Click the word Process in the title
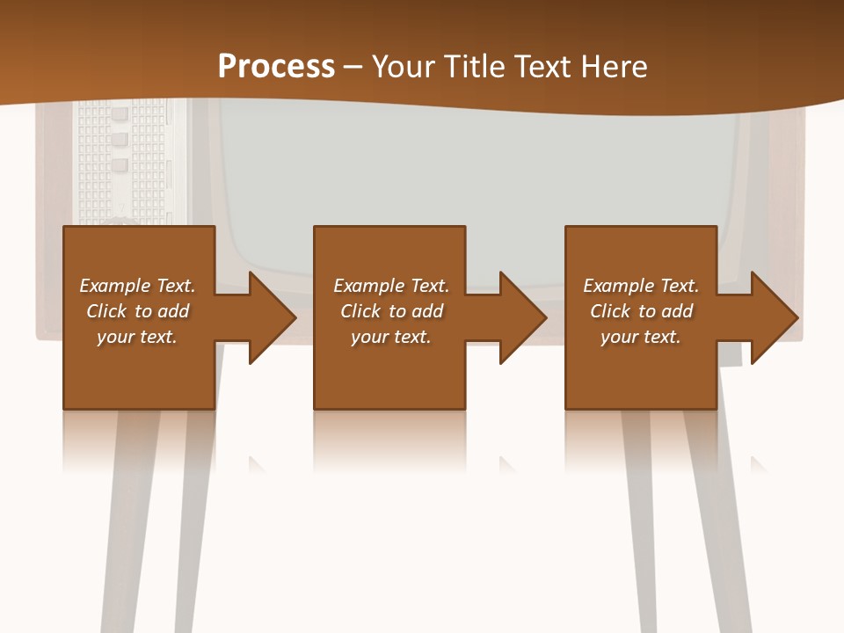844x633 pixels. (276, 67)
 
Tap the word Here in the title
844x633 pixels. (615, 67)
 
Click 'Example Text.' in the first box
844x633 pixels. (137, 286)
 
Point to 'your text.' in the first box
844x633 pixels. (137, 337)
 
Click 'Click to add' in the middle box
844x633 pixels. (391, 311)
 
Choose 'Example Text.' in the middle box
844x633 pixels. (391, 286)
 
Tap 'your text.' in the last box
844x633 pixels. (641, 337)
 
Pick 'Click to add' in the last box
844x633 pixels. (641, 311)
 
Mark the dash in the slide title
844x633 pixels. (353, 67)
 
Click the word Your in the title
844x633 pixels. (404, 67)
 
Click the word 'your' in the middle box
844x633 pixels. (369, 337)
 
